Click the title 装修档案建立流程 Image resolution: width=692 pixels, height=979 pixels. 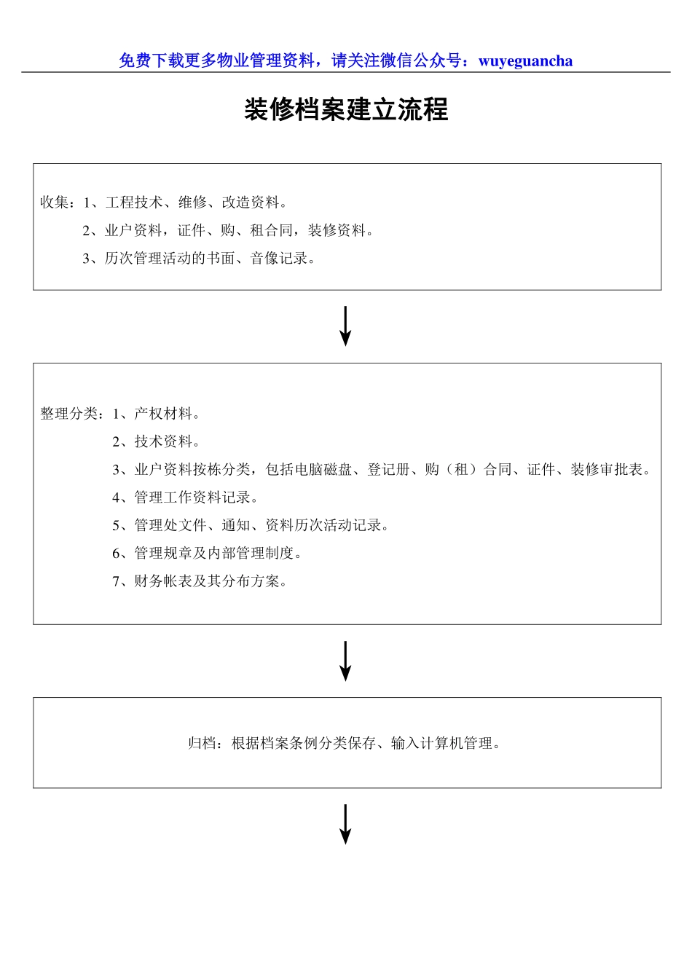click(346, 110)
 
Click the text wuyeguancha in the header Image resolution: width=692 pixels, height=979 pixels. click(525, 61)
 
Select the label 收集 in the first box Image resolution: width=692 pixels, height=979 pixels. click(55, 203)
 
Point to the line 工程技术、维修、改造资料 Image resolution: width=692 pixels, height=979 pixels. click(192, 203)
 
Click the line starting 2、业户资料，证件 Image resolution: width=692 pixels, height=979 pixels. click(228, 231)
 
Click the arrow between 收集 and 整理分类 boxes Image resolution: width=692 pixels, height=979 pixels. click(346, 326)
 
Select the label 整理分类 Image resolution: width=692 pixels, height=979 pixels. click(69, 414)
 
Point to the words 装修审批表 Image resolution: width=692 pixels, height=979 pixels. click(607, 470)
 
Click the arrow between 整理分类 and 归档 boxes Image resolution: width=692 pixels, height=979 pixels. click(346, 661)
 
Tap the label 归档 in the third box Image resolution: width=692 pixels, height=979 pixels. click(203, 744)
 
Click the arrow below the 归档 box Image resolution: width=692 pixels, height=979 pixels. click(346, 824)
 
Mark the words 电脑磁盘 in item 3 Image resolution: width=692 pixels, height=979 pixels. click(323, 470)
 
